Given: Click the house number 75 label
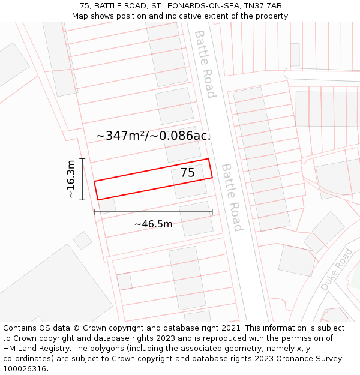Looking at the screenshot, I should (x=187, y=173).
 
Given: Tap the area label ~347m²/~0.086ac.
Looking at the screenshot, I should (x=153, y=136).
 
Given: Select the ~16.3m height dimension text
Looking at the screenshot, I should (x=71, y=179).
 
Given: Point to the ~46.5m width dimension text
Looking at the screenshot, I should (x=153, y=224).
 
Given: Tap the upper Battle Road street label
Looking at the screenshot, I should (x=205, y=64).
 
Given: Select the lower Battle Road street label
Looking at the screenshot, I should (x=232, y=197).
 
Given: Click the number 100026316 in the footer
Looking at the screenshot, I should (x=25, y=369).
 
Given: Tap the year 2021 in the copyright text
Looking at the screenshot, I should (x=228, y=328).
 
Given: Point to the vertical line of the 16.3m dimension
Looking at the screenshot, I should (x=82, y=179).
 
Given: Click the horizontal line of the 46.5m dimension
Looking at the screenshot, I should (x=153, y=211).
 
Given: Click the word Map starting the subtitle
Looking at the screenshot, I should (x=80, y=16).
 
